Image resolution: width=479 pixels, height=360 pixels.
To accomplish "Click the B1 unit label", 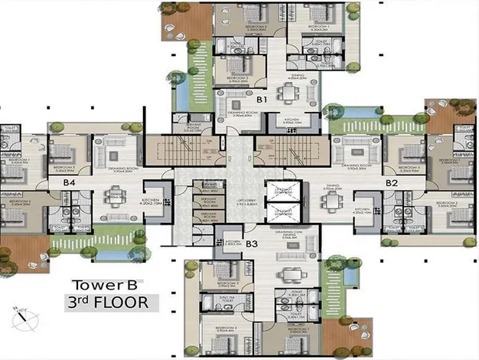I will (261, 100).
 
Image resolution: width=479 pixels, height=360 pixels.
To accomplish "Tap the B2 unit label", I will (392, 184).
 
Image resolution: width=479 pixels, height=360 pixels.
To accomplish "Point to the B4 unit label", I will (69, 183).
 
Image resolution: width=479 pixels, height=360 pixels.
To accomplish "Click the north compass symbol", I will (23, 314).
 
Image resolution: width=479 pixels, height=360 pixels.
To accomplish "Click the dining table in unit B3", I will (288, 273).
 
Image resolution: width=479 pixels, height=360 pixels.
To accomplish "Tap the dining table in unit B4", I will (116, 198).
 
